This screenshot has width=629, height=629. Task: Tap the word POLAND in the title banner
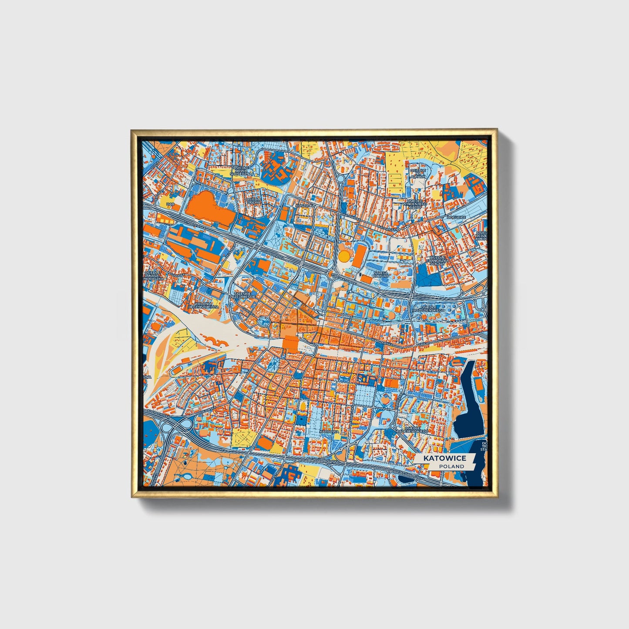point(451,466)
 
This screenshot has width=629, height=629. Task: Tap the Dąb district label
point(170,203)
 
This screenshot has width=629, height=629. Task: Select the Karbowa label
point(329,431)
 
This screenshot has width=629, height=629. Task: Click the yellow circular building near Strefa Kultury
point(344,256)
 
